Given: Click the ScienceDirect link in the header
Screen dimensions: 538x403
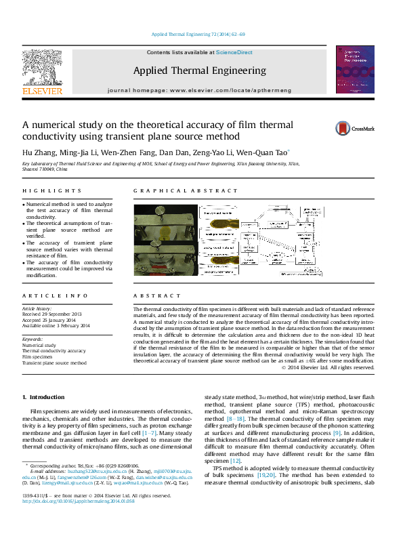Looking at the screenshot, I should pyautogui.click(x=234, y=52).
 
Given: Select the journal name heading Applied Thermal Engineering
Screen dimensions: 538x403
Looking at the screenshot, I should pyautogui.click(x=199, y=70).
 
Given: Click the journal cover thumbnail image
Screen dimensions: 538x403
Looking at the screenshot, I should pyautogui.click(x=359, y=70).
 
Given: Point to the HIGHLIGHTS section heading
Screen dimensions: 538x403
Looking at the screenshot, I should pyautogui.click(x=52, y=191).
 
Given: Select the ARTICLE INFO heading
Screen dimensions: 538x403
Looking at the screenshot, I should pyautogui.click(x=55, y=296).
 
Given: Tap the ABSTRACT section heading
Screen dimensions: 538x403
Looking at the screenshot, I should pyautogui.click(x=154, y=296).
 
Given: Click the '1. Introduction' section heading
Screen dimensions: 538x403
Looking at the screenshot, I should pyautogui.click(x=43, y=396).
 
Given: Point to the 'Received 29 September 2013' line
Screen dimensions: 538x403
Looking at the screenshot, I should pyautogui.click(x=51, y=314).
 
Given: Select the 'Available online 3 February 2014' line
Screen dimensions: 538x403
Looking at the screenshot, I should pyautogui.click(x=56, y=326).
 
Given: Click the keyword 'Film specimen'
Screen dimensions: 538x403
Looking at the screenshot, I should pyautogui.click(x=41, y=356).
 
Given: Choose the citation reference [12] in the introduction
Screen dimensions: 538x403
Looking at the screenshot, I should pyautogui.click(x=235, y=461).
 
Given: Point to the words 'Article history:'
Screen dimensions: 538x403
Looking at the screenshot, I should pyautogui.click(x=37, y=308).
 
